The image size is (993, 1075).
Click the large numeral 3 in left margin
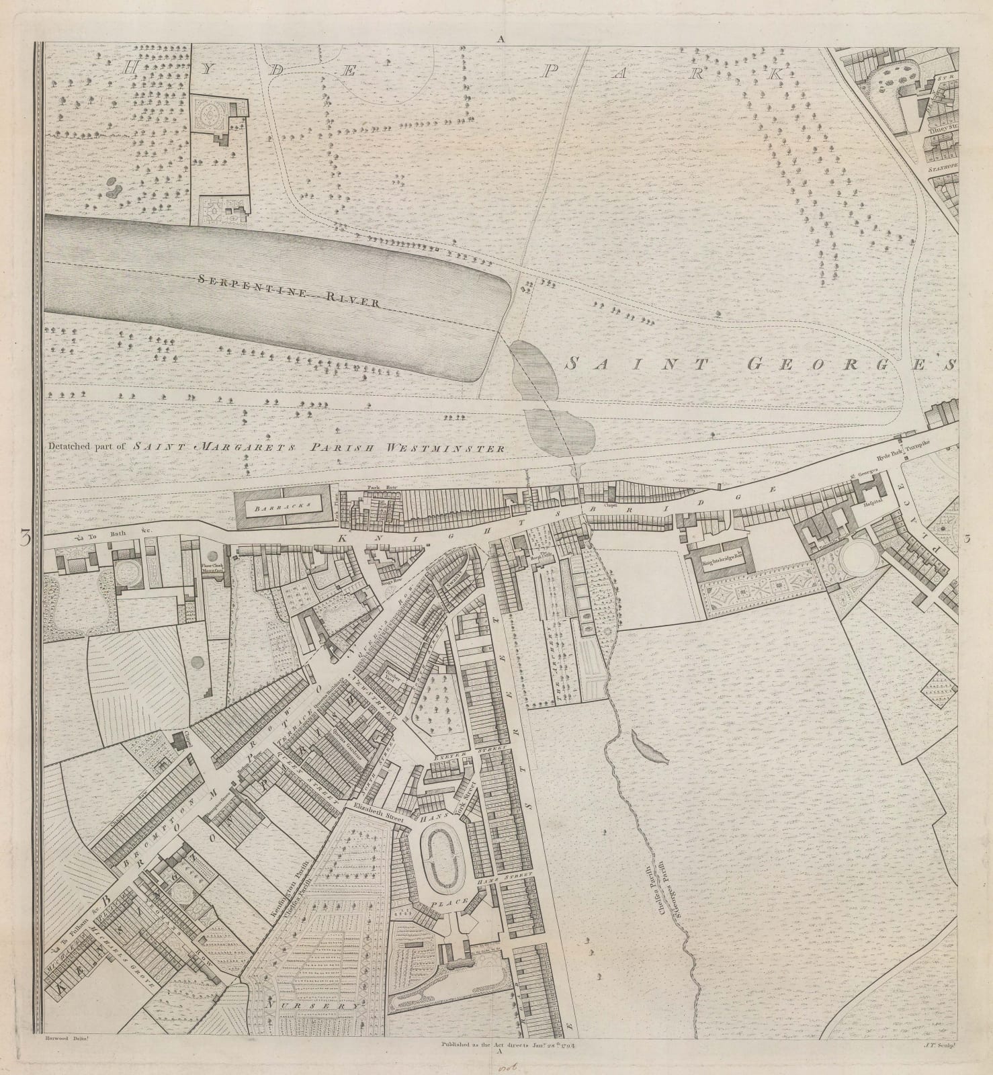click(x=26, y=538)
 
